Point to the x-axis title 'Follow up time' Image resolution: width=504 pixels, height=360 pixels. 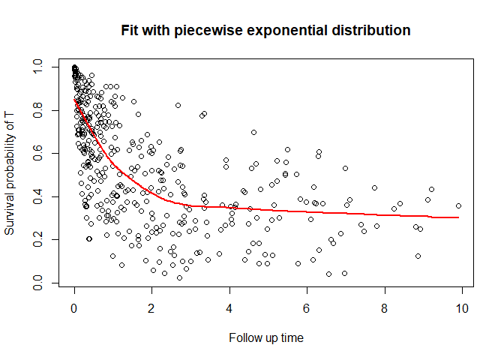coord(266,337)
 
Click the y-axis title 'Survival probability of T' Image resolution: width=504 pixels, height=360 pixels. coord(10,173)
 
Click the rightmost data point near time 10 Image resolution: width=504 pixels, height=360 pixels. coord(458,205)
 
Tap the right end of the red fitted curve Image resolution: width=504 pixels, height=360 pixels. coord(458,217)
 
